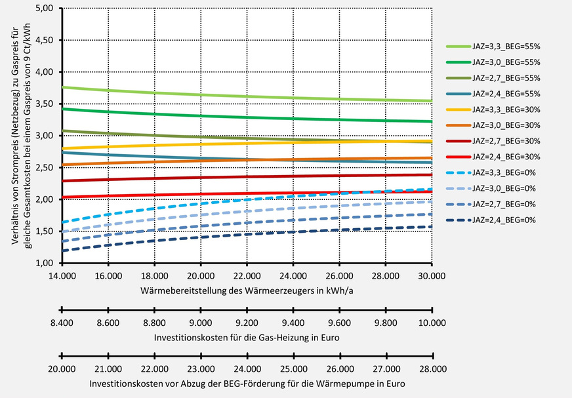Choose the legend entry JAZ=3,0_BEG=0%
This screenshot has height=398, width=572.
pos(502,188)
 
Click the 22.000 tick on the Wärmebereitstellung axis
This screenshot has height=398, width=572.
pos(246,276)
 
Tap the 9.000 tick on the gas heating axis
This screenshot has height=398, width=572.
pos(200,323)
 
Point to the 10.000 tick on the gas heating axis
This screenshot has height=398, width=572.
pos(432,323)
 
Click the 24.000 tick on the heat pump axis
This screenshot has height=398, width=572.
pos(246,369)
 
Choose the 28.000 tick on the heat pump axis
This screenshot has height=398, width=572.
pos(432,369)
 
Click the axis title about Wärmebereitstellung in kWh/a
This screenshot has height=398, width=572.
pos(246,289)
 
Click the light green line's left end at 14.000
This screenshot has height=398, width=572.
pos(62,87)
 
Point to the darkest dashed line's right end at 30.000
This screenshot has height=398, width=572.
pos(431,227)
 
